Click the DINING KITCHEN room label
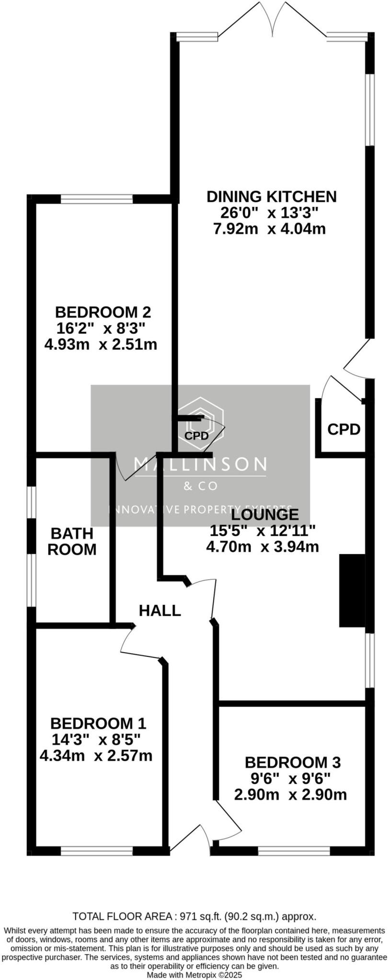[271, 196]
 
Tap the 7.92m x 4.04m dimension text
[269, 229]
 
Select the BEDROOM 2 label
[103, 312]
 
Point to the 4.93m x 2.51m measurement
[101, 344]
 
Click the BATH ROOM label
[72, 541]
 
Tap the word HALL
[160, 611]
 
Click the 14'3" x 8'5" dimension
[96, 739]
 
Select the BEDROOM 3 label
[293, 762]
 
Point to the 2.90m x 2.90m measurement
[290, 795]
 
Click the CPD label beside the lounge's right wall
[344, 429]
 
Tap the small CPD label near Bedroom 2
[196, 436]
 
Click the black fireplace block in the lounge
[352, 590]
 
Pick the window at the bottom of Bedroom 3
[294, 851]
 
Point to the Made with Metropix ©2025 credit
[195, 974]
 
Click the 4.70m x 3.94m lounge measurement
[262, 546]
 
